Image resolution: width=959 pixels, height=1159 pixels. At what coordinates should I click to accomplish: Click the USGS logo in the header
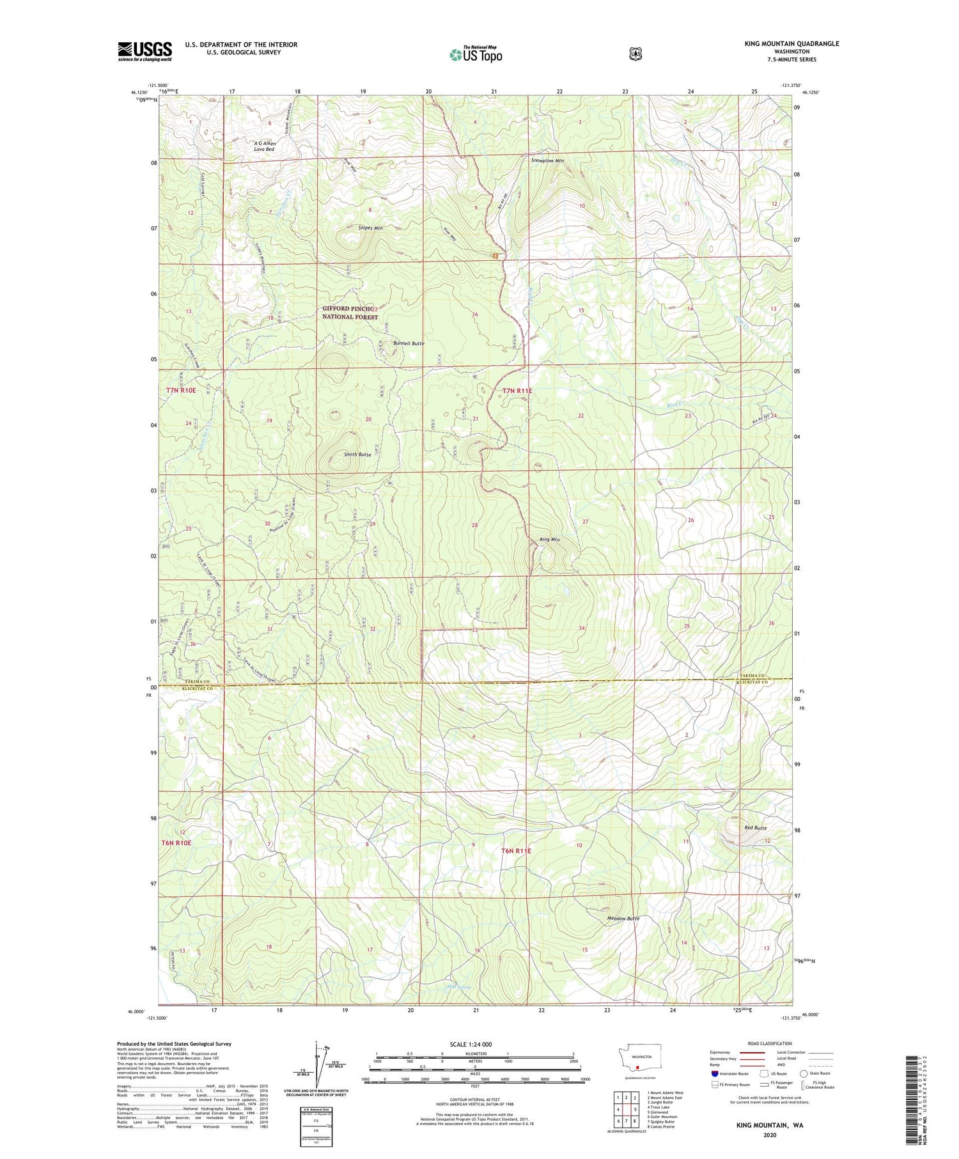[x=144, y=51]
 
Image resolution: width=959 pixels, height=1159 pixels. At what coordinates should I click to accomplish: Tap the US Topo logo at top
[x=476, y=54]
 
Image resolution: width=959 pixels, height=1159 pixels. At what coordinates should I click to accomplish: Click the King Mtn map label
[x=549, y=540]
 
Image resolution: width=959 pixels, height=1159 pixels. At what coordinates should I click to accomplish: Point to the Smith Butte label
[x=357, y=454]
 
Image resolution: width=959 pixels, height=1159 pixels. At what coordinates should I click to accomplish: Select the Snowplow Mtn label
[x=547, y=160]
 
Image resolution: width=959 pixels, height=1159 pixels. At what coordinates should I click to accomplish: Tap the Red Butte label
[x=755, y=828]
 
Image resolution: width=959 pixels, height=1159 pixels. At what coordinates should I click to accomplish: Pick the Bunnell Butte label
[x=409, y=343]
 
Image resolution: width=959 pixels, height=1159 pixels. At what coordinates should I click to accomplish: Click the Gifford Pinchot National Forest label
[x=350, y=312]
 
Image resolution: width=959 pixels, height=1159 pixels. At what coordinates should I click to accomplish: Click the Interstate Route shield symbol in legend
[x=715, y=1073]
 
